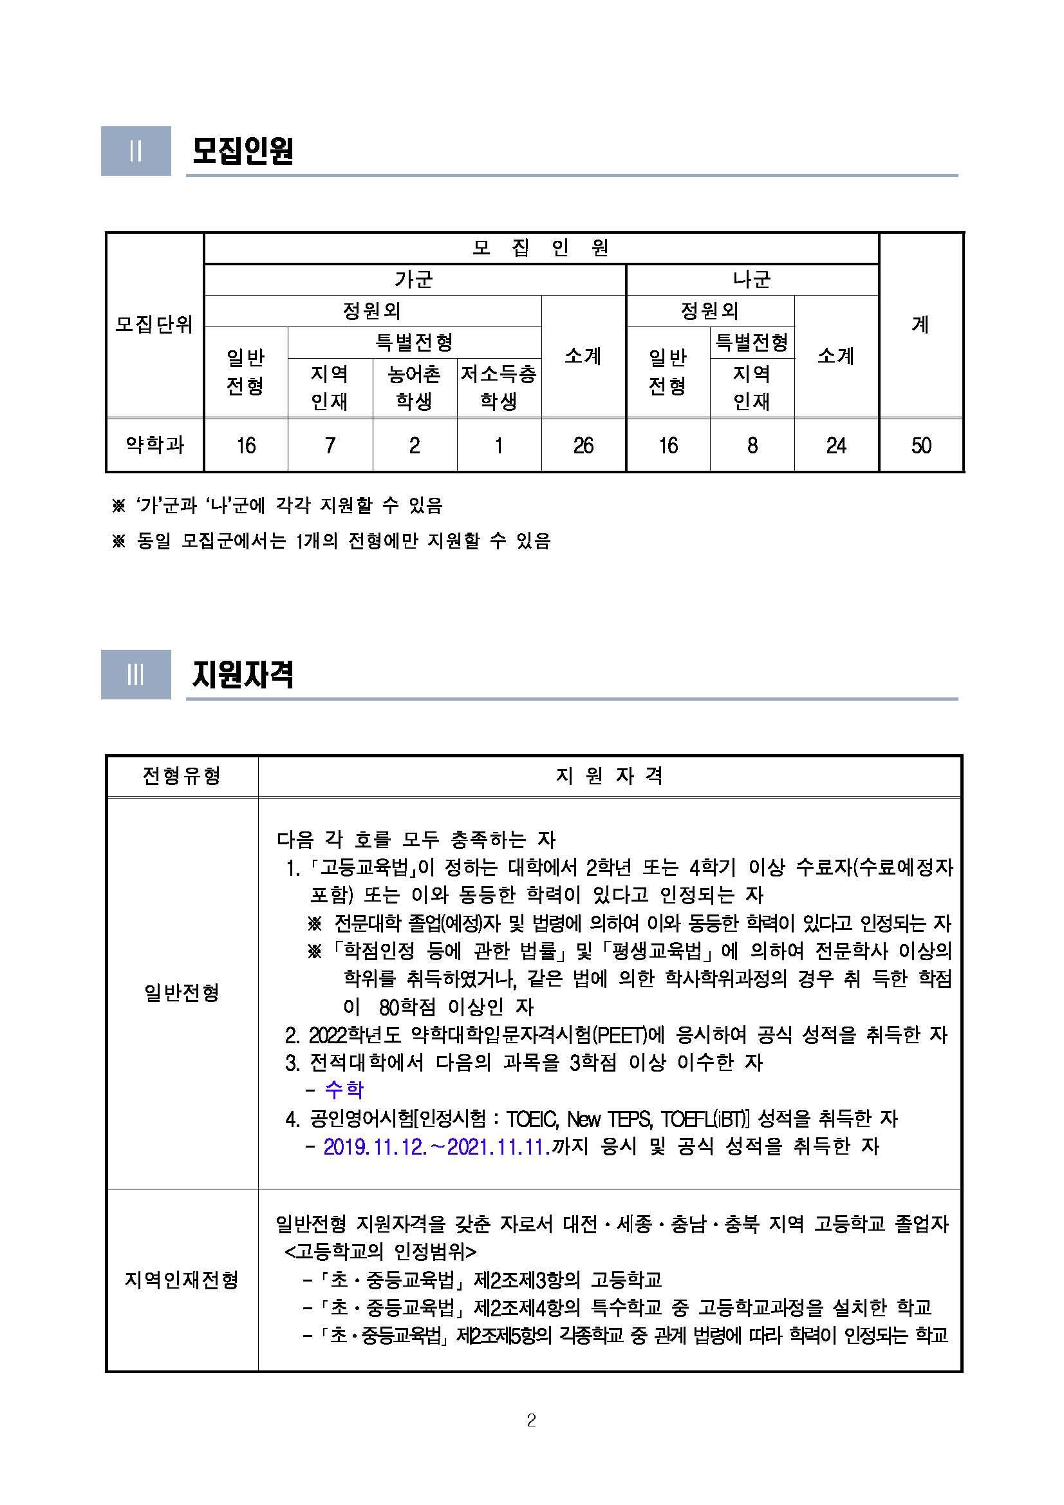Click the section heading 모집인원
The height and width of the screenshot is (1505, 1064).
pos(243,151)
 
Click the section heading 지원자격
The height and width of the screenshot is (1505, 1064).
pos(243,674)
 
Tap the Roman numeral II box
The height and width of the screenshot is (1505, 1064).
pos(136,151)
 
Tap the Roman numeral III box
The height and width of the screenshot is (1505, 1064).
pos(136,674)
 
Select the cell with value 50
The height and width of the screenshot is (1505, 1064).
pos(920,446)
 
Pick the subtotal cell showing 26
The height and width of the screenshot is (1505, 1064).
pos(583,446)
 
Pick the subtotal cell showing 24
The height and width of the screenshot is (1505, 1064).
pos(836,446)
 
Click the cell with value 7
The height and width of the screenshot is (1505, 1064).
pos(330,446)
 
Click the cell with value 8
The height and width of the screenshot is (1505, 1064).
pos(752,446)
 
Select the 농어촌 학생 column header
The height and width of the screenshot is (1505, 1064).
pos(414,388)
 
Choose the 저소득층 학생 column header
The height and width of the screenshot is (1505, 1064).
pos(499,388)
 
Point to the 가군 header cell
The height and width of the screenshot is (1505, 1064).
pos(414,280)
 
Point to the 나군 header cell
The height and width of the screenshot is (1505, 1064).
pos(751,280)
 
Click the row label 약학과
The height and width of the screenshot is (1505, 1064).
pos(154,445)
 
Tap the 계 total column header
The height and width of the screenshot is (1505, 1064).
pos(920,325)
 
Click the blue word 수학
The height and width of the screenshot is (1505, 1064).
pos(344,1090)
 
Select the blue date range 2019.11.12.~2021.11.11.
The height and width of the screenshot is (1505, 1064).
pos(436,1146)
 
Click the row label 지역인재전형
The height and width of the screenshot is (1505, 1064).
pos(182,1279)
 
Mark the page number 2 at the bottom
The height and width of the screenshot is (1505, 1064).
pos(531,1421)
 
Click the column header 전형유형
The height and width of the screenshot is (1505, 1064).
pos(182,776)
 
